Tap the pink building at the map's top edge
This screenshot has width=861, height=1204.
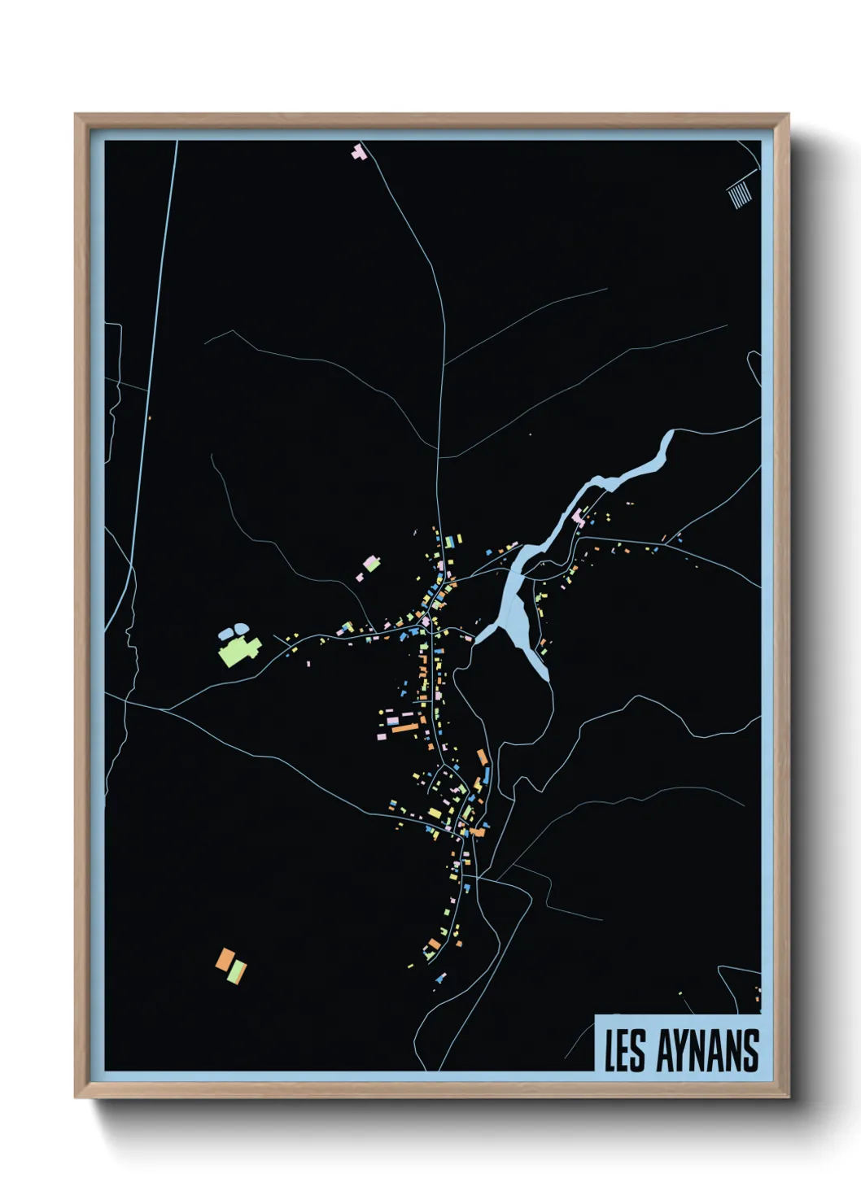pos(359,151)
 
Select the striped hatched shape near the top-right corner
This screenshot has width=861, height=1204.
pos(738,194)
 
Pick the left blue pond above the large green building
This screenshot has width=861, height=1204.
pos(226,631)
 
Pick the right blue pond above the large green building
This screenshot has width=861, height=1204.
pos(241,629)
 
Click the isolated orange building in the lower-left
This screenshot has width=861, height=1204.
pos(225,959)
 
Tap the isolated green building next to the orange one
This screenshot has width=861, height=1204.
pos(237,971)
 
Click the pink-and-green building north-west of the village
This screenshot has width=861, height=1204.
pos(371,563)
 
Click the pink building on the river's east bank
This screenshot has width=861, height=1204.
pos(579,516)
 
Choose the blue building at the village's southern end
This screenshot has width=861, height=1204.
pos(440,979)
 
